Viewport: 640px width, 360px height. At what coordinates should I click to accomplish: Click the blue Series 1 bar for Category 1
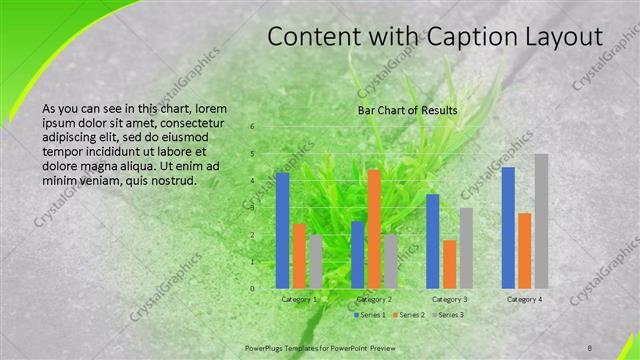282,230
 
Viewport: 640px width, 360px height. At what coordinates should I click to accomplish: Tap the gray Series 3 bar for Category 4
541,221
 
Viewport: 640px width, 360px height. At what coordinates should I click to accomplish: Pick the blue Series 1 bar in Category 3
433,241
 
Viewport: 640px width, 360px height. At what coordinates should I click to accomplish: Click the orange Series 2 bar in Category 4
525,250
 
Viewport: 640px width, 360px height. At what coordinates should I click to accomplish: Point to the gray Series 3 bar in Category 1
315,261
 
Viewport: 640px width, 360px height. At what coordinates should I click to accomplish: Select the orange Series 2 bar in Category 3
449,264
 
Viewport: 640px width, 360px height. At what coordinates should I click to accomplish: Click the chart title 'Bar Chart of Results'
408,110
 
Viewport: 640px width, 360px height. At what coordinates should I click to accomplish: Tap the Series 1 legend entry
369,315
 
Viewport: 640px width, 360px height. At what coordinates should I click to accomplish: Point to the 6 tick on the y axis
252,127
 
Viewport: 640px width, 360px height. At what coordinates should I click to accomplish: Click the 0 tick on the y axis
252,288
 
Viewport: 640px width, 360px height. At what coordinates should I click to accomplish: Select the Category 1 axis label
299,299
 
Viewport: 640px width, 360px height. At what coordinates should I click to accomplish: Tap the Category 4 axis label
525,299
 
